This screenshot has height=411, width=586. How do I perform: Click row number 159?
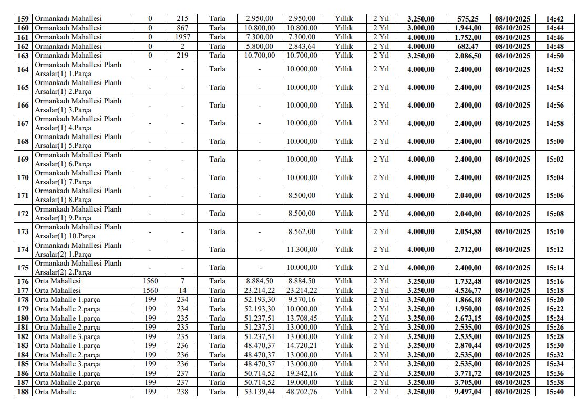point(23,18)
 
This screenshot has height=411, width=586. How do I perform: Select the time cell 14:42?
point(554,18)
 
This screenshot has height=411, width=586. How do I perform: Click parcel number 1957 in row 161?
point(182,37)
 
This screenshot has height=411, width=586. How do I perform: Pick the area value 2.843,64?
point(302,46)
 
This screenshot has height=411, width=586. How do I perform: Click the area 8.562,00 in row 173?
point(302,231)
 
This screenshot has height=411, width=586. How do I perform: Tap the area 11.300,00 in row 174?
point(302,249)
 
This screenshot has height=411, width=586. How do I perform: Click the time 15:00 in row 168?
point(554,141)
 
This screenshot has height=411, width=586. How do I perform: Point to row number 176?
point(23,281)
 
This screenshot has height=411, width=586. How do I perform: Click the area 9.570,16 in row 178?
point(302,300)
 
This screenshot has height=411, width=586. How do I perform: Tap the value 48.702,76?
point(302,392)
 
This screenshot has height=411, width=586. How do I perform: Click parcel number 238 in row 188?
point(182,392)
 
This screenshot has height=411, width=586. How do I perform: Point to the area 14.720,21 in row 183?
point(302,345)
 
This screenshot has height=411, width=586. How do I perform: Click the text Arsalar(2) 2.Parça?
point(63,272)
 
